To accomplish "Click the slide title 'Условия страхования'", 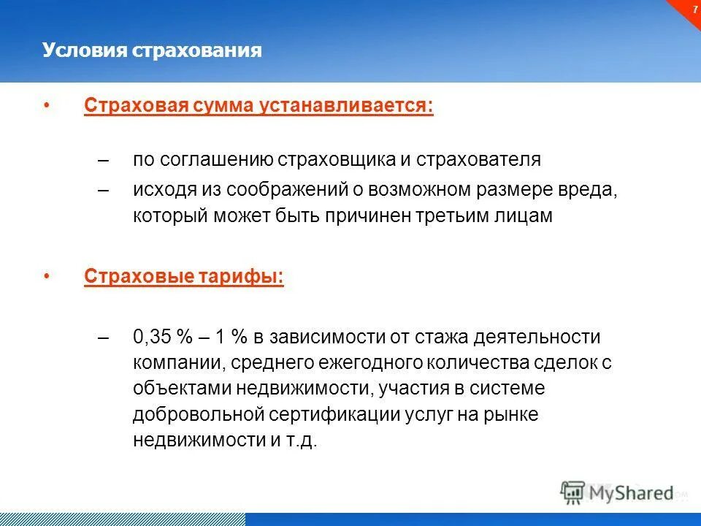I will tap(152, 50).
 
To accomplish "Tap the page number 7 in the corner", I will tap(694, 9).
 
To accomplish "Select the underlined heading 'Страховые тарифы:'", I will tap(184, 277).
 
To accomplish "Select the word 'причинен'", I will tap(394, 217).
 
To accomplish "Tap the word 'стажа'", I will tap(440, 338).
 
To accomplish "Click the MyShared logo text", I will tap(632, 493).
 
